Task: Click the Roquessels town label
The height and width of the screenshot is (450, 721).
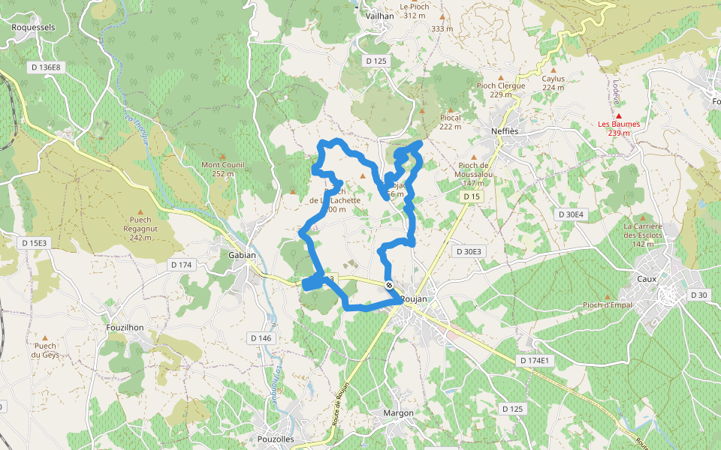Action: (x=34, y=26)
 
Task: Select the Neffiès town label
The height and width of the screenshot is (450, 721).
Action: (x=505, y=130)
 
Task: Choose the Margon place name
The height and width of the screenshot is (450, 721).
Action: (x=398, y=413)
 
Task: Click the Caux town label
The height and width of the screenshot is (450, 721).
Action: (x=647, y=279)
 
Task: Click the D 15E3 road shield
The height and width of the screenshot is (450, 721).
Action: (x=34, y=243)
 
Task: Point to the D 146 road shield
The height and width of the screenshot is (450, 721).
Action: (x=261, y=338)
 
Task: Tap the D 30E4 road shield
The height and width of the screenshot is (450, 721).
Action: (x=571, y=214)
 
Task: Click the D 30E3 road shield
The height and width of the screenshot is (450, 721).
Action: (x=468, y=251)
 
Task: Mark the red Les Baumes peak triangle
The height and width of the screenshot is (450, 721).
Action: (x=619, y=115)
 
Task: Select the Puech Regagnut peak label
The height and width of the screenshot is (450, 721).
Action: (x=140, y=229)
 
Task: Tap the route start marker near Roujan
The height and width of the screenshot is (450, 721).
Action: (x=389, y=285)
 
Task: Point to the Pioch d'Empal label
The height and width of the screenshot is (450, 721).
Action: (x=608, y=304)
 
